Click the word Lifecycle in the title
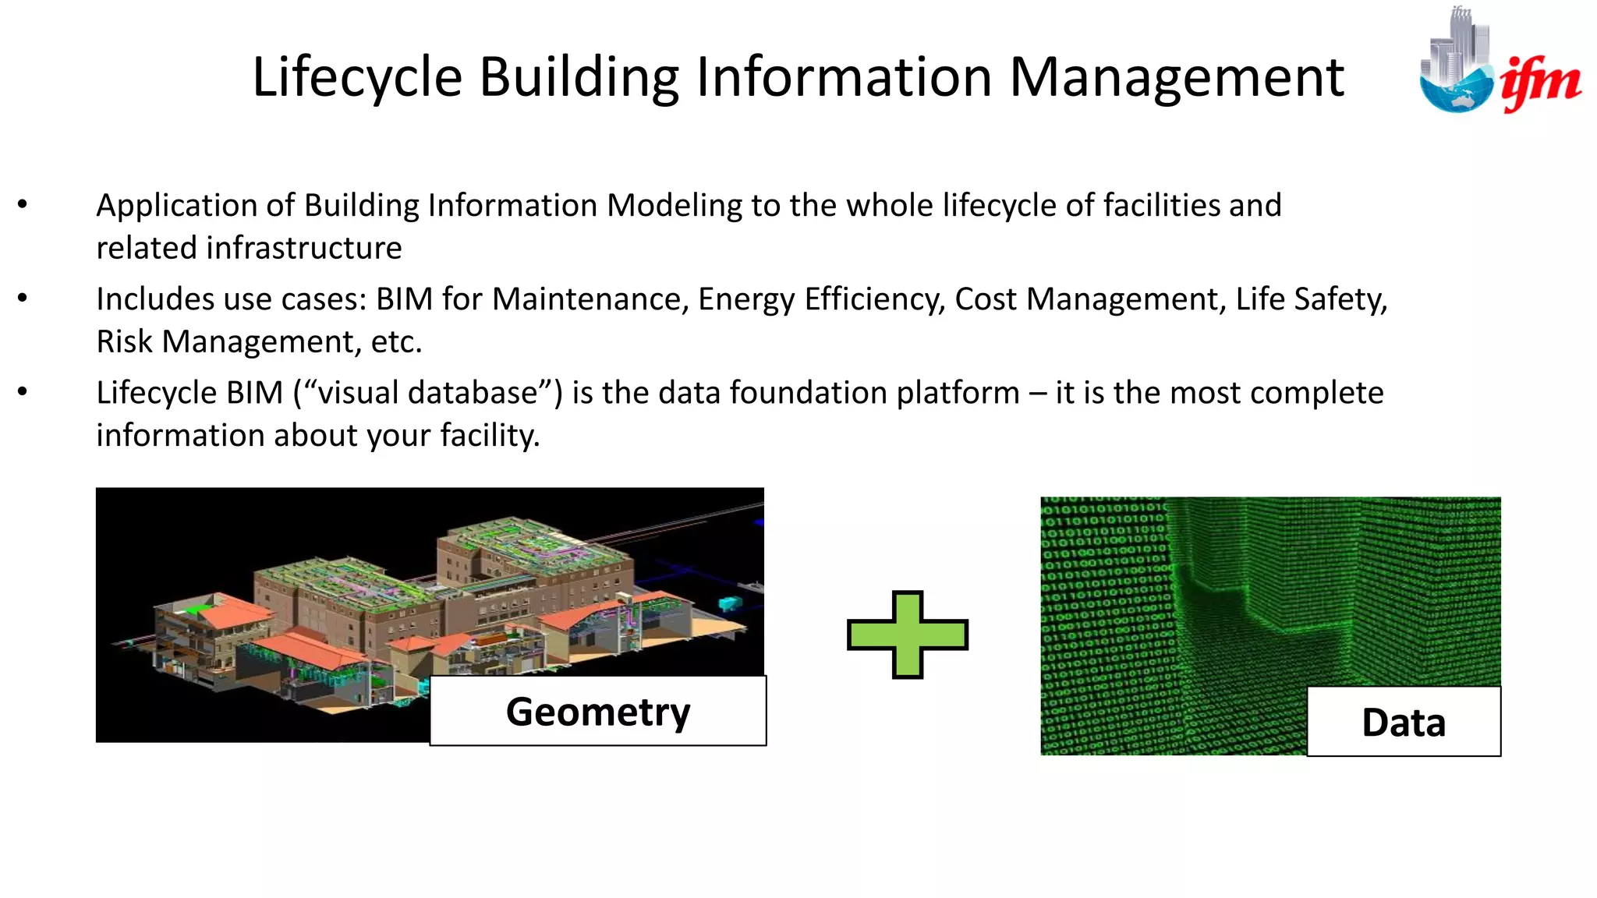tap(358, 77)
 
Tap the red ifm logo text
tap(1540, 82)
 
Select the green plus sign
tap(908, 635)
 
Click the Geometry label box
tap(598, 711)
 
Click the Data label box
tap(1404, 722)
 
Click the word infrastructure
tap(303, 249)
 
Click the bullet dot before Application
tap(23, 205)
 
